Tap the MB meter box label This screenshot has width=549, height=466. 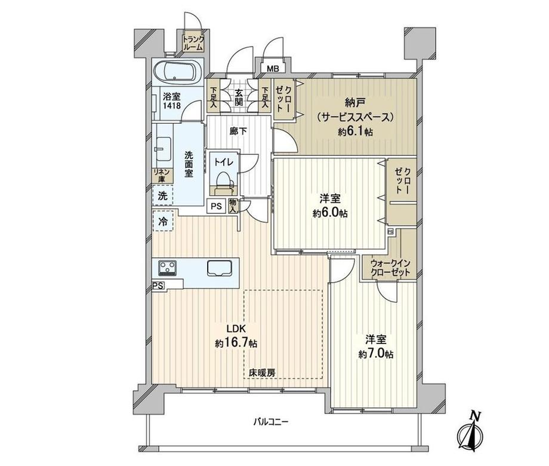273,68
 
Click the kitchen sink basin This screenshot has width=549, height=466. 219,268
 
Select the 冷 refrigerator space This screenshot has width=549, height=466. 163,221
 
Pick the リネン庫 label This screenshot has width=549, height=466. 162,176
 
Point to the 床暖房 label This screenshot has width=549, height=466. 263,372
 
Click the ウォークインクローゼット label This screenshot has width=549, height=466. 391,267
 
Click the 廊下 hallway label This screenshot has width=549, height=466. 239,131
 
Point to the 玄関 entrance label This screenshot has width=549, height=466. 239,97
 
